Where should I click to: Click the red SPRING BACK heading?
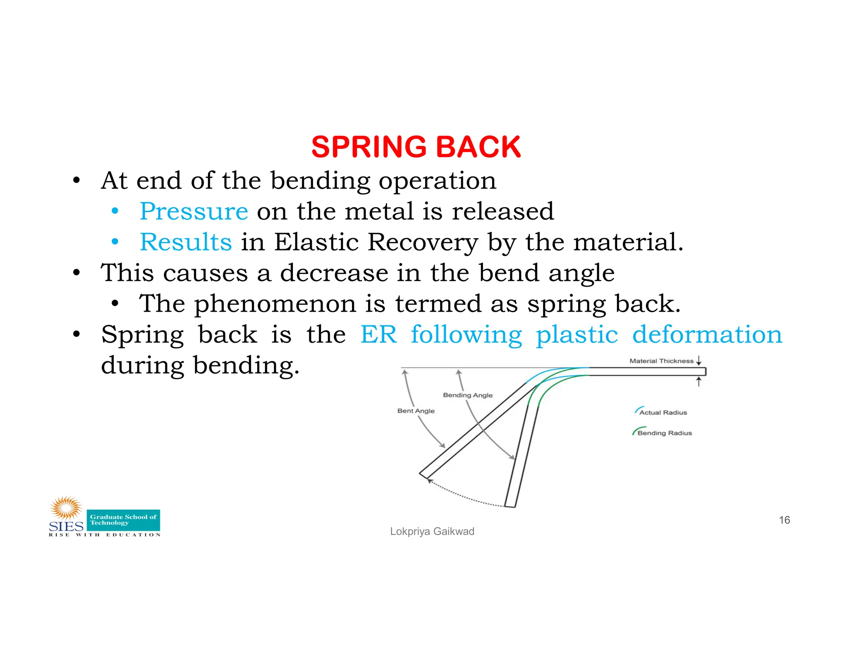click(x=416, y=147)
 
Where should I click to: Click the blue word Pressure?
click(x=194, y=211)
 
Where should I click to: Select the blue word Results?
click(x=186, y=242)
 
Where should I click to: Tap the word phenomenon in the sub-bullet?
click(x=275, y=304)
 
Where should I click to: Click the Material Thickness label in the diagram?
click(x=661, y=361)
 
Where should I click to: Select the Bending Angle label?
click(x=468, y=395)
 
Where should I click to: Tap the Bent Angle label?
click(x=416, y=411)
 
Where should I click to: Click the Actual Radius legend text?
click(x=663, y=413)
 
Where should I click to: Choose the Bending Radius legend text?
click(x=665, y=433)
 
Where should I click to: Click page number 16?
click(x=784, y=520)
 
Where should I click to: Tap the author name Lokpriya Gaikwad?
click(x=432, y=532)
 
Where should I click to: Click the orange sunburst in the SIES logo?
click(x=66, y=508)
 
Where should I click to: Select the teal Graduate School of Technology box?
click(x=123, y=520)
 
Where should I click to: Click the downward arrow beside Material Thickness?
click(x=699, y=360)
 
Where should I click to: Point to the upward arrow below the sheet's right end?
click(x=699, y=382)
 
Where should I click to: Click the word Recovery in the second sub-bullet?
click(x=423, y=242)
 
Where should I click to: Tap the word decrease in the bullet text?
click(x=334, y=273)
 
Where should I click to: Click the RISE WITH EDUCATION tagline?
click(x=105, y=535)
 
